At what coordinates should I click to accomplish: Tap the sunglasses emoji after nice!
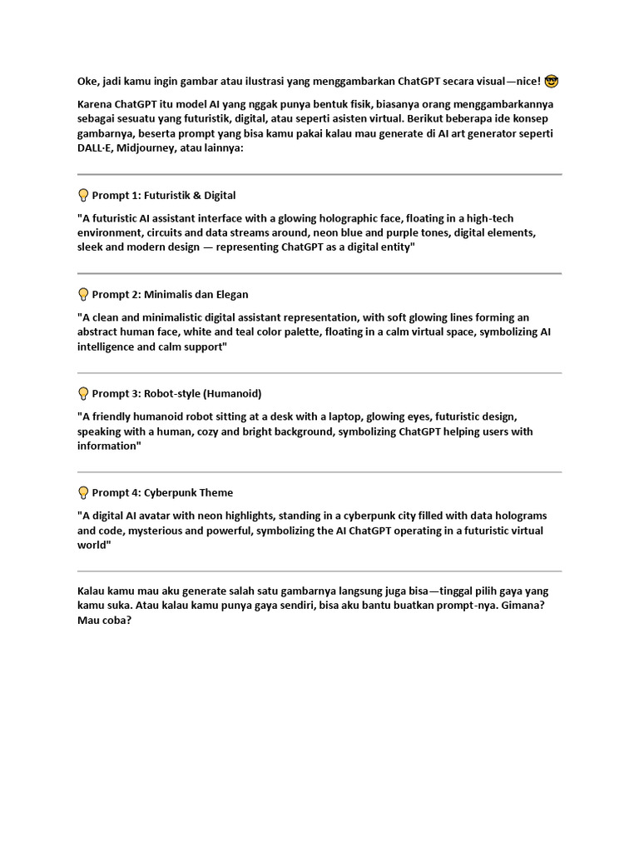click(x=552, y=81)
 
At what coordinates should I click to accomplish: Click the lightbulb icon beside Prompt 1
click(x=83, y=196)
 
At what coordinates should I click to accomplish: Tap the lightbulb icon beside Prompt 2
click(x=83, y=294)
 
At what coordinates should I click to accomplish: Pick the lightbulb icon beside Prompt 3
click(x=83, y=393)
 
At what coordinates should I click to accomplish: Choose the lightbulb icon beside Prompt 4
click(x=83, y=492)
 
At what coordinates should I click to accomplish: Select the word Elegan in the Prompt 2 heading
click(x=230, y=294)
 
